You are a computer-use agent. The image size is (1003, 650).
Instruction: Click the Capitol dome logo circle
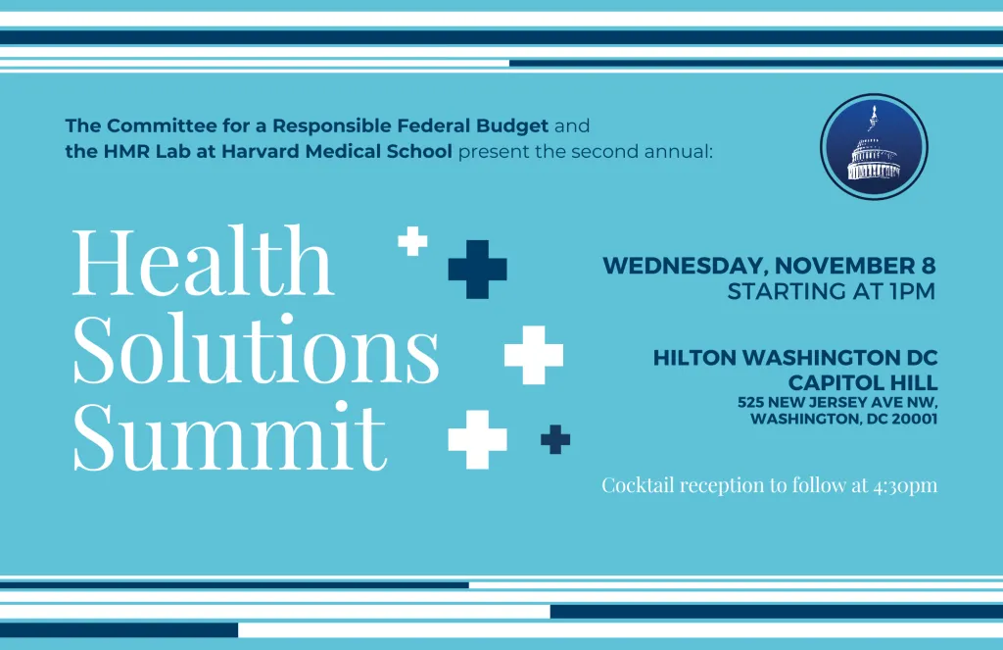[874, 147]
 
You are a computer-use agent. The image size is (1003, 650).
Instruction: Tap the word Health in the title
[203, 261]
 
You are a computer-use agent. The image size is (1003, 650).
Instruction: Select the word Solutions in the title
[256, 348]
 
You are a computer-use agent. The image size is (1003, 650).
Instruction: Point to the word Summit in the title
[230, 435]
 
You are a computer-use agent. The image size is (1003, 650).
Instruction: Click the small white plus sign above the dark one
[412, 241]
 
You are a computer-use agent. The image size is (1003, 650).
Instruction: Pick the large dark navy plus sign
[477, 270]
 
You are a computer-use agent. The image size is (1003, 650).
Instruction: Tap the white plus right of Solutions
[534, 355]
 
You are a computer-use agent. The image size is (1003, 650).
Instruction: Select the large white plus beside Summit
[477, 440]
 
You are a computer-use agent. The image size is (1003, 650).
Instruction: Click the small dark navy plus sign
[555, 439]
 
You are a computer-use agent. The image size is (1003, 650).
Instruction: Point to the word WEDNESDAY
[685, 266]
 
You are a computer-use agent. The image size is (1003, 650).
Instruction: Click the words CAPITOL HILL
[863, 382]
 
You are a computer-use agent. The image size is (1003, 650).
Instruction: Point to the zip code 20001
[915, 419]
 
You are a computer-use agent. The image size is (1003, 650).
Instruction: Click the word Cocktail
[638, 484]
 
